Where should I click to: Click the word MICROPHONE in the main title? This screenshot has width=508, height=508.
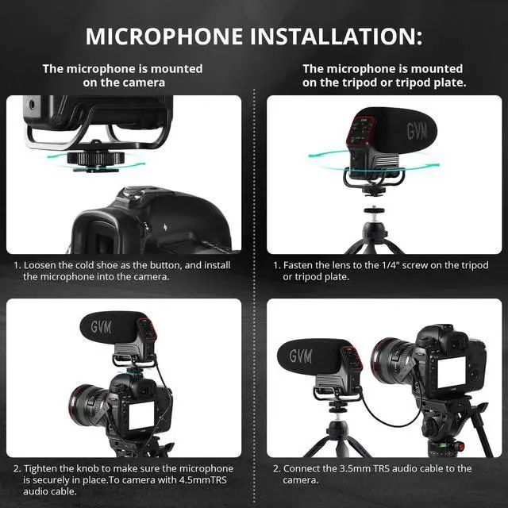click(164, 36)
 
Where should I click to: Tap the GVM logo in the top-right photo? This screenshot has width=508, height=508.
click(417, 131)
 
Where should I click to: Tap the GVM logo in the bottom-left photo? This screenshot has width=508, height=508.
click(102, 327)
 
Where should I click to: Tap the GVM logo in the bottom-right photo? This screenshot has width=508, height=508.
click(301, 356)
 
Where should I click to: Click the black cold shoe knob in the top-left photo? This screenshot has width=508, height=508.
click(96, 158)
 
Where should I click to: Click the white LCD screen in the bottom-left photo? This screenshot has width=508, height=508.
click(141, 415)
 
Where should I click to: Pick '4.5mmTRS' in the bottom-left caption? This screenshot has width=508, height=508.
click(203, 479)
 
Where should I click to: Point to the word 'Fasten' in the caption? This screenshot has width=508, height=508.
click(298, 265)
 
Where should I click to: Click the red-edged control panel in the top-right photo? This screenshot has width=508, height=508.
click(362, 131)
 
